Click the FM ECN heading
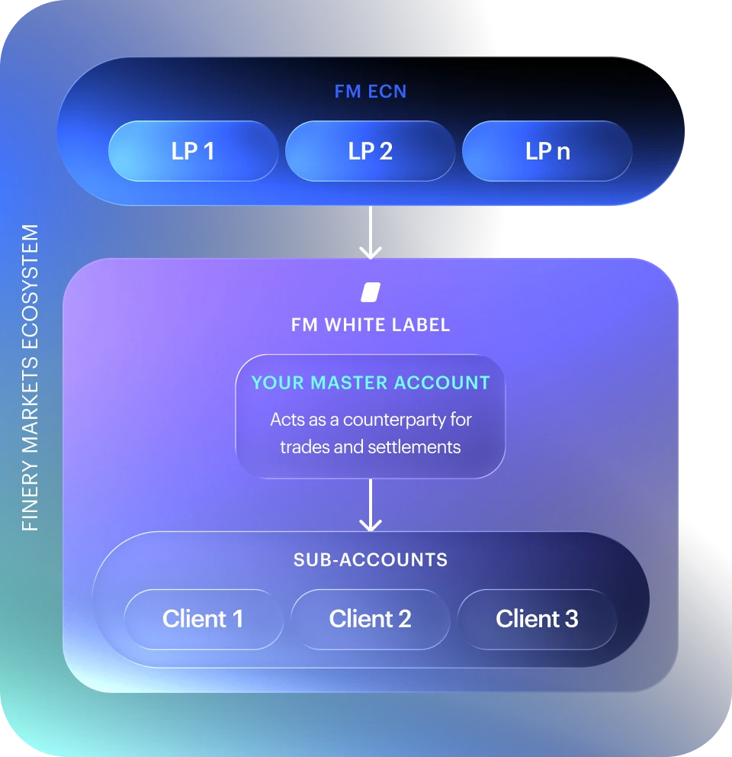[x=371, y=92]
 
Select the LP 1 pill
[x=194, y=151]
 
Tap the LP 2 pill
[x=370, y=151]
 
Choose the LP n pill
[x=547, y=151]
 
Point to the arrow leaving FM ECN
[x=371, y=233]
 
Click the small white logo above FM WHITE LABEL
[x=371, y=292]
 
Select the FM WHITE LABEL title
[x=371, y=325]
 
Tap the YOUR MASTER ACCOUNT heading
[x=371, y=383]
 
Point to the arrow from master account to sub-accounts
[x=371, y=505]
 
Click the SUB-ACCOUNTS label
[x=371, y=560]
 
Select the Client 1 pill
[x=204, y=620]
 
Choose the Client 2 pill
[x=370, y=620]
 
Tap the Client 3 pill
[x=537, y=620]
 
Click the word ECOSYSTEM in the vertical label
[x=30, y=287]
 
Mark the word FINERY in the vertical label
[x=30, y=496]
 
